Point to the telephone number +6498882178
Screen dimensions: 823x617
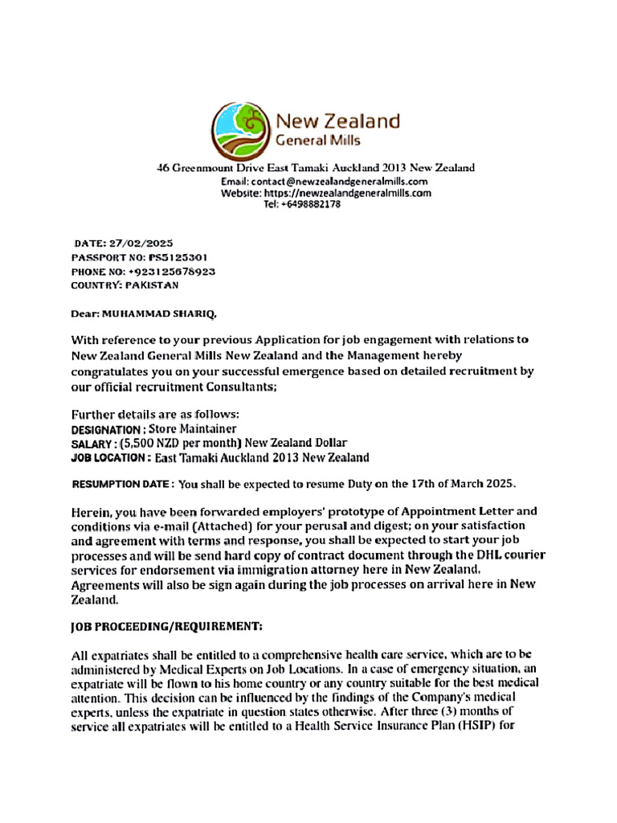click(302, 204)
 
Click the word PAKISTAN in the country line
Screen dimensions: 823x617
click(153, 285)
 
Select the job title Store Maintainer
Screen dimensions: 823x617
click(192, 429)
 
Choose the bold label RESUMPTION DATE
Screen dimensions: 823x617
click(121, 485)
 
